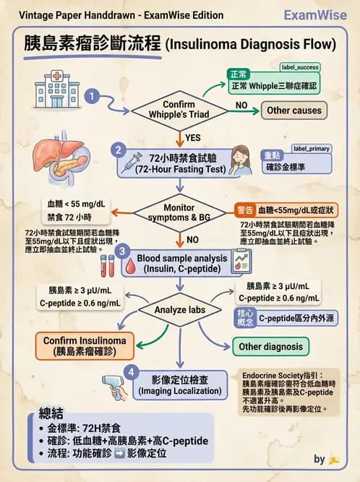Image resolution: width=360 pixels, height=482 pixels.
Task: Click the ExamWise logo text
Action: (316, 14)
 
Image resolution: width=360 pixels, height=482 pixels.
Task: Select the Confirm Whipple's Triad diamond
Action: (174, 110)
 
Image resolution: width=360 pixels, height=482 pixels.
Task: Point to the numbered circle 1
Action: (92, 95)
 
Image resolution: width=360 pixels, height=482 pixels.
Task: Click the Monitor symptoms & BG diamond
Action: (174, 212)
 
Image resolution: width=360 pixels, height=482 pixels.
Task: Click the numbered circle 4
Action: (130, 372)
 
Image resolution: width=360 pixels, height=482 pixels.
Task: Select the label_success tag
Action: (300, 67)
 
